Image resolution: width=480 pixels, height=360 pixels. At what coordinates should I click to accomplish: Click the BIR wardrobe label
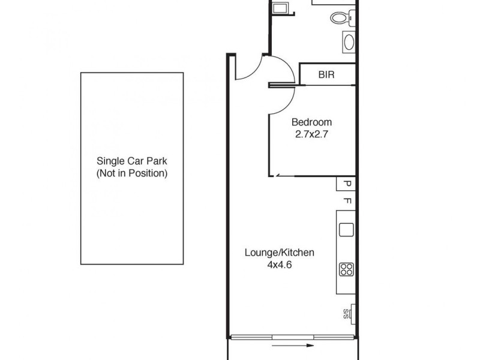(x=326, y=75)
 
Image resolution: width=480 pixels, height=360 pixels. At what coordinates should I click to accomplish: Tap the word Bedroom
(x=311, y=122)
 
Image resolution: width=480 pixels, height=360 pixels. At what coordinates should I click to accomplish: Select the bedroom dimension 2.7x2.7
(x=311, y=135)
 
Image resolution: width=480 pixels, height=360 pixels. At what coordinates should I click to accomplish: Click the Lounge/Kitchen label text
(x=279, y=253)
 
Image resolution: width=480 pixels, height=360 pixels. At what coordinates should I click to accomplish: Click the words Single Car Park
(x=132, y=161)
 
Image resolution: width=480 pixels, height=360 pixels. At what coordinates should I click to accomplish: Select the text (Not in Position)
(x=132, y=173)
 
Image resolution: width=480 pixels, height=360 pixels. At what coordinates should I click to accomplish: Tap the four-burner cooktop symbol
(x=346, y=269)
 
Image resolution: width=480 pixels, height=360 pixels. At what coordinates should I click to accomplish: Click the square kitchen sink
(x=346, y=230)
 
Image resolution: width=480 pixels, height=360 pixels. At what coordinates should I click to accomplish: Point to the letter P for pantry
(x=346, y=184)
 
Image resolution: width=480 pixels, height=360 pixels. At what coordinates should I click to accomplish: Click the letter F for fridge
(x=346, y=201)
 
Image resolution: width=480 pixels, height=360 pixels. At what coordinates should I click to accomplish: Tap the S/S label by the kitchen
(x=346, y=313)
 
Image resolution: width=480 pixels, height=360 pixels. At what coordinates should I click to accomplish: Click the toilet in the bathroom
(x=340, y=18)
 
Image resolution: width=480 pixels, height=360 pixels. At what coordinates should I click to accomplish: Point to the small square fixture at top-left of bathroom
(x=280, y=7)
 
